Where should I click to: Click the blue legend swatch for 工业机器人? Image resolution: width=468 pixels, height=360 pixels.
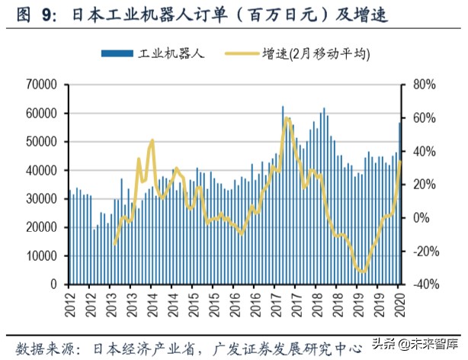point(117,53)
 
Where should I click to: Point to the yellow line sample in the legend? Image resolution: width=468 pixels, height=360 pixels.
point(242,53)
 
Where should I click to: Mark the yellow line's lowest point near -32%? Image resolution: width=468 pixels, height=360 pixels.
point(361,272)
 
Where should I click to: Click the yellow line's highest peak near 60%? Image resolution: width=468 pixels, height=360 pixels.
point(287,118)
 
